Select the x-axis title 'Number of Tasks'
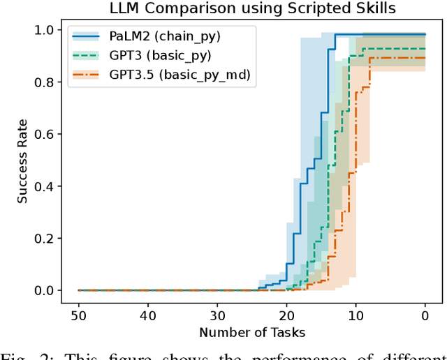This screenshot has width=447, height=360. point(251,332)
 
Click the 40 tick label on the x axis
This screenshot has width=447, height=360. point(147,314)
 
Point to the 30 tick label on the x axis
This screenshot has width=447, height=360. point(217,314)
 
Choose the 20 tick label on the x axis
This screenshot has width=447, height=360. point(286,314)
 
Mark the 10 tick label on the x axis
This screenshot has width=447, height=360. point(356,314)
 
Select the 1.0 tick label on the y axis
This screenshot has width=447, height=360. point(46,30)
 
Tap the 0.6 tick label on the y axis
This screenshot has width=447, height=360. point(46,134)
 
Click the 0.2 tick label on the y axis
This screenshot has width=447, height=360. point(46,238)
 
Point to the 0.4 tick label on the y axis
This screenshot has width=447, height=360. point(46,186)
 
